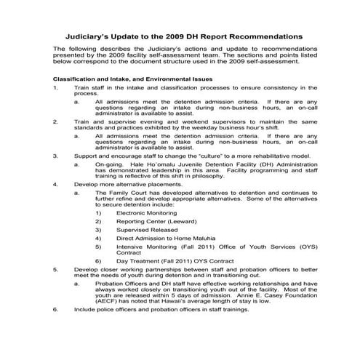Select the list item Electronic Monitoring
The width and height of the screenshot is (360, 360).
point(143,213)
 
